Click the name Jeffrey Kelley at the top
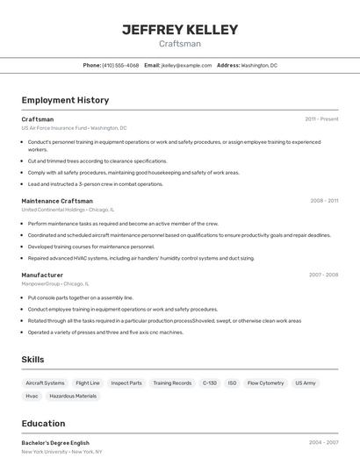click(x=180, y=29)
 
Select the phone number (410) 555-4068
click(x=120, y=65)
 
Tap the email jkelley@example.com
click(x=187, y=65)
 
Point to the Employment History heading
click(x=65, y=100)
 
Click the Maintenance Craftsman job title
click(x=57, y=201)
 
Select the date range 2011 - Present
click(x=321, y=119)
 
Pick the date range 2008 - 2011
click(x=324, y=201)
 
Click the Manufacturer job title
click(x=42, y=275)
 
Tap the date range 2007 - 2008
click(x=323, y=275)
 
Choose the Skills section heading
click(x=33, y=360)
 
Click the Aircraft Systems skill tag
click(x=45, y=383)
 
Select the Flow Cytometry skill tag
click(x=265, y=383)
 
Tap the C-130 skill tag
click(x=210, y=383)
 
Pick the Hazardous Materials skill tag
click(x=73, y=396)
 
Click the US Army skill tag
click(x=305, y=383)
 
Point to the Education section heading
click(x=43, y=423)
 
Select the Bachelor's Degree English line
click(x=55, y=443)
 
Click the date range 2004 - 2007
click(x=323, y=443)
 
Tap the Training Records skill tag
click(x=172, y=383)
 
